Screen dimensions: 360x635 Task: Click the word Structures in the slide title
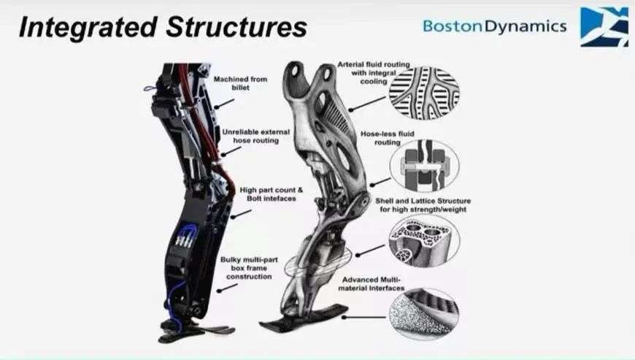pos(232,27)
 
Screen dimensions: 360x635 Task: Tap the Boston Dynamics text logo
pos(494,26)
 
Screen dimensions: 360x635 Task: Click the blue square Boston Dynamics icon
pos(604,26)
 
